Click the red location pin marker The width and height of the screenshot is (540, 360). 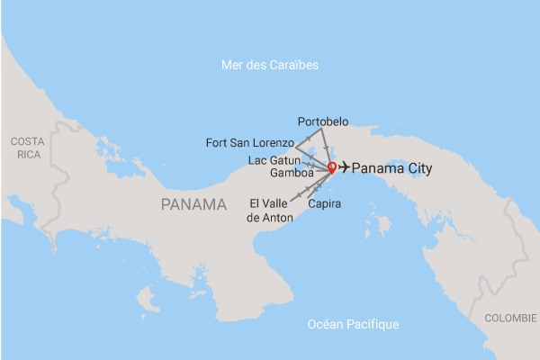tap(331, 166)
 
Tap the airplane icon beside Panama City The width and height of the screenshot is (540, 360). tap(343, 167)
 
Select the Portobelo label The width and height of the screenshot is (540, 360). tap(322, 121)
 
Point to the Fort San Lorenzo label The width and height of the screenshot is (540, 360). tap(249, 142)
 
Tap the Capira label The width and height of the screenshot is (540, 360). tap(324, 204)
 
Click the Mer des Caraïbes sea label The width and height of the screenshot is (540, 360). tap(270, 65)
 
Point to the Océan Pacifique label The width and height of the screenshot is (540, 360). tap(352, 324)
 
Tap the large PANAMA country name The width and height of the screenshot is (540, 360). tap(193, 204)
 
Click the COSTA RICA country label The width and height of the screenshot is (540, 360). tap(26, 148)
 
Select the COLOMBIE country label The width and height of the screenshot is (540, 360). tap(510, 318)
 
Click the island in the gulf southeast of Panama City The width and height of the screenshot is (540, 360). tap(384, 222)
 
